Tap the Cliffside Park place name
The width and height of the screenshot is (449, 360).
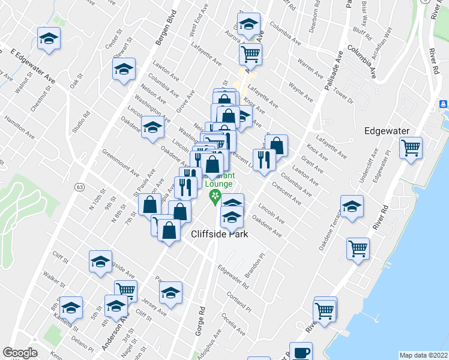coord(220,235)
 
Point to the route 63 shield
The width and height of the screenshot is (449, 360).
coord(79,187)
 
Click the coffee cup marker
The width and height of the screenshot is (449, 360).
coord(301,352)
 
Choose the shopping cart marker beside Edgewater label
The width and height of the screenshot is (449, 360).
coord(411,148)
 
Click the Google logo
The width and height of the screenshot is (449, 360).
coord(20,353)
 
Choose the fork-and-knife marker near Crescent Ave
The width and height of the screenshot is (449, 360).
coord(264,160)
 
